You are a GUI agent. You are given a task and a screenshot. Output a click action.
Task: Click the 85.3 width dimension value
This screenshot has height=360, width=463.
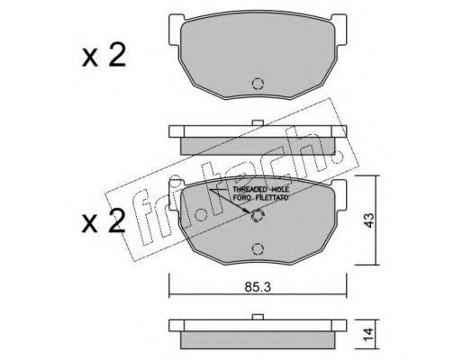pyautogui.click(x=258, y=287)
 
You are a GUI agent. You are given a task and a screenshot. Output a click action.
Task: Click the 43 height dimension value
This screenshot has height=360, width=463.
pyautogui.click(x=368, y=220)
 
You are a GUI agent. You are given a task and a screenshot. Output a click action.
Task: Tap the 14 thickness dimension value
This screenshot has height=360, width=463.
pyautogui.click(x=368, y=334)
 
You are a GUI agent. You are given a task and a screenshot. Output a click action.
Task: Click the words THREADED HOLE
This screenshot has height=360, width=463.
pyautogui.click(x=260, y=189)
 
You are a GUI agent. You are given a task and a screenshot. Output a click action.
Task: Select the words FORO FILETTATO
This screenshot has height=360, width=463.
pyautogui.click(x=260, y=198)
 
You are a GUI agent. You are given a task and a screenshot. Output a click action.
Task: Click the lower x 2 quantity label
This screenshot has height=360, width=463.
pyautogui.click(x=104, y=221)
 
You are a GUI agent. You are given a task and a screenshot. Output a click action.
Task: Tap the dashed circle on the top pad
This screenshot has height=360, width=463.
pyautogui.click(x=258, y=84)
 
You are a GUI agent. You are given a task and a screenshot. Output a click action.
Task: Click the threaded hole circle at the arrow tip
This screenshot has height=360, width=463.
pyautogui.click(x=258, y=215)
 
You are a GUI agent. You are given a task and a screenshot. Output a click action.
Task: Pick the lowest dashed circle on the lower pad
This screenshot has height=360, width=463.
pyautogui.click(x=258, y=249)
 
